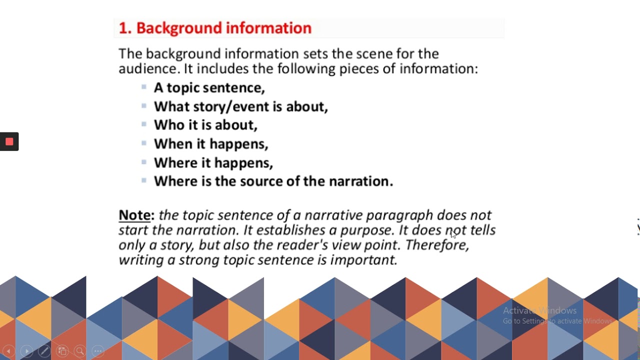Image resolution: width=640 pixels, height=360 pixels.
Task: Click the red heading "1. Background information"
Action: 215,28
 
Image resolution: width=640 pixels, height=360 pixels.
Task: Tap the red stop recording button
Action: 9,141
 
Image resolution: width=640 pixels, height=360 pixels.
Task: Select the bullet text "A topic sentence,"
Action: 209,88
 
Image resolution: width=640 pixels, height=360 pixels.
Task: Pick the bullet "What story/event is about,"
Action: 240,106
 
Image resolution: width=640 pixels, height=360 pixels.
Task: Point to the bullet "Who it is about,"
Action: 205,125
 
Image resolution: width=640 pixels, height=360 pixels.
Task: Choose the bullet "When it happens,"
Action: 211,144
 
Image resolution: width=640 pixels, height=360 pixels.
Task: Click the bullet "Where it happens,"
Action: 213,163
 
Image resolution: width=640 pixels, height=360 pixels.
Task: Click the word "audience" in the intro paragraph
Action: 147,68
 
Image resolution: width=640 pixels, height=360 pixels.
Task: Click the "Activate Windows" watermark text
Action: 539,310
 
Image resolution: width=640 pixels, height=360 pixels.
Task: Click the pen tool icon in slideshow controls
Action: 44,351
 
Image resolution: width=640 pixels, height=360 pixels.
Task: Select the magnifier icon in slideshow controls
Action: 79,351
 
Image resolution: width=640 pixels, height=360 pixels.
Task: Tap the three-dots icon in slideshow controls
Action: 98,351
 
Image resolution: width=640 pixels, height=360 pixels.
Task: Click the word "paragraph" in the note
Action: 399,215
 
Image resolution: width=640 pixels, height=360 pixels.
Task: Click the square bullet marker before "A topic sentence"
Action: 144,87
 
